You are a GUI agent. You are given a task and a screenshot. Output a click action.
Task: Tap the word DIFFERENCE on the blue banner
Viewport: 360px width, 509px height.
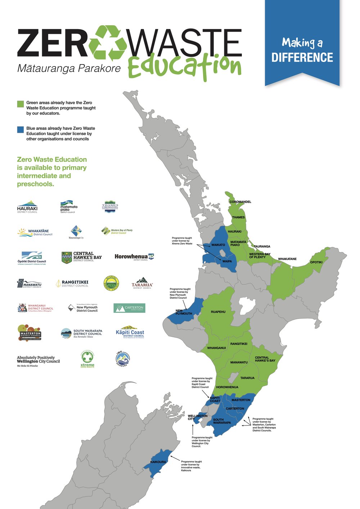(302, 58)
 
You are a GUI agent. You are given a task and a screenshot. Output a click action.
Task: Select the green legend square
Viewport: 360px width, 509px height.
(21, 104)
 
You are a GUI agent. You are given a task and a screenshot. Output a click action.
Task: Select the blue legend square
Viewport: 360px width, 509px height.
(21, 130)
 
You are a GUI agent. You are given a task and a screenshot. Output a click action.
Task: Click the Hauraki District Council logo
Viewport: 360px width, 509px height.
(27, 207)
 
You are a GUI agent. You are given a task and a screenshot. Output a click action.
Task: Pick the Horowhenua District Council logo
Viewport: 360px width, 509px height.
(134, 257)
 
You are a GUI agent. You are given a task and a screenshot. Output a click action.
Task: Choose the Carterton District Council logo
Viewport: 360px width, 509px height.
(130, 308)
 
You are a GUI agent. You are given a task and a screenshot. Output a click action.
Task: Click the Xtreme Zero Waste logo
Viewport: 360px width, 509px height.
(87, 359)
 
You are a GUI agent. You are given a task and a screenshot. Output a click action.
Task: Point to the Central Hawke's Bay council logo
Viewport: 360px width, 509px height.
(82, 257)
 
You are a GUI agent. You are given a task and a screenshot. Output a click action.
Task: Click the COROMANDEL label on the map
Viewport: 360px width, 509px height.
(240, 202)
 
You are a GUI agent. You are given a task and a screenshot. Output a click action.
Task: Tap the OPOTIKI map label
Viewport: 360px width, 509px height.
(316, 262)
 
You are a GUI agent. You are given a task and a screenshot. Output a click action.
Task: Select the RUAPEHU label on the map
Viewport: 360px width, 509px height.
(218, 312)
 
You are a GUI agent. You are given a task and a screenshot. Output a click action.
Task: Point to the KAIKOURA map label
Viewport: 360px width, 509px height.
(158, 462)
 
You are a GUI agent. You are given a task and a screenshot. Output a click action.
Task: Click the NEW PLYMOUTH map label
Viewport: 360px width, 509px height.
(184, 312)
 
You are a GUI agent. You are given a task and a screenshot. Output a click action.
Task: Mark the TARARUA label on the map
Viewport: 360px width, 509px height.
(247, 378)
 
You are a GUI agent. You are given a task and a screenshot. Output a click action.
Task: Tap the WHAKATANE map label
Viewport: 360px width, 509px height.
(287, 259)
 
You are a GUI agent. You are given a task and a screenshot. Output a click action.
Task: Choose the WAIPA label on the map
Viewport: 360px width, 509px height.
(227, 261)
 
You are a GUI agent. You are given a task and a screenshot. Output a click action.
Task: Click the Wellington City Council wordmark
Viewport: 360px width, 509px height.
(38, 360)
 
